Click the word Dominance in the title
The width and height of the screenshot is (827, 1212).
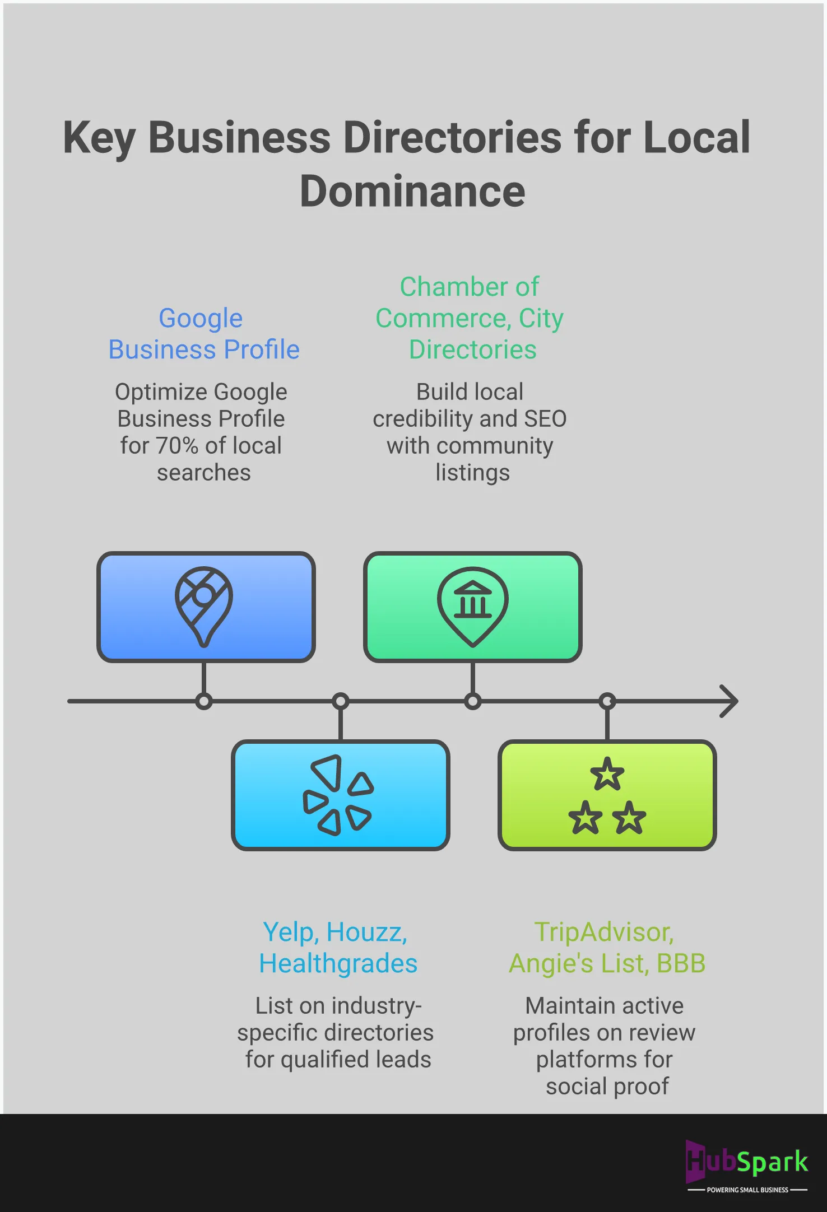(412, 192)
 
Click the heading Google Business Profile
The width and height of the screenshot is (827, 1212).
(203, 334)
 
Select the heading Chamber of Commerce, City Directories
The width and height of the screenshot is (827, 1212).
(470, 318)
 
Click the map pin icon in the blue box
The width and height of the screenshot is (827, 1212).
(204, 606)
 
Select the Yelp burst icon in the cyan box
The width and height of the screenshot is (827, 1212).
(338, 795)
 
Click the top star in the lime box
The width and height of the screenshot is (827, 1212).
(607, 774)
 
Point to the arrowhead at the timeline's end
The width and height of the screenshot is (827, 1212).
(730, 701)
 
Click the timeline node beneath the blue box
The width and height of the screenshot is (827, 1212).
(204, 701)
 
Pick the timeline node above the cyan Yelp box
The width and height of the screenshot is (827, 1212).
(341, 701)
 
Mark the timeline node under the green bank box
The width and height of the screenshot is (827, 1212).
(473, 701)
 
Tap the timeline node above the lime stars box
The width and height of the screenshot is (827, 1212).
(607, 701)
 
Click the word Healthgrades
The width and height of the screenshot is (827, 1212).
(338, 964)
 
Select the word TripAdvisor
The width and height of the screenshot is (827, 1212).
(603, 933)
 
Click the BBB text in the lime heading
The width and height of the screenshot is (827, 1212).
(681, 964)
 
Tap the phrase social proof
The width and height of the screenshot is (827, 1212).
(607, 1086)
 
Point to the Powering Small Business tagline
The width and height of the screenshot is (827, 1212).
(747, 1190)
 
